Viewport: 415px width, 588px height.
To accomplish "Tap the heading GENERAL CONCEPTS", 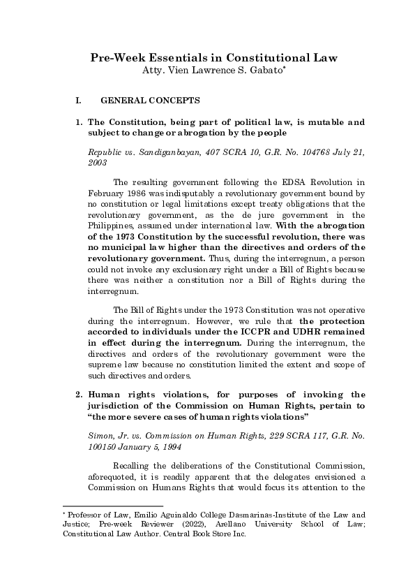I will click(151, 101).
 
